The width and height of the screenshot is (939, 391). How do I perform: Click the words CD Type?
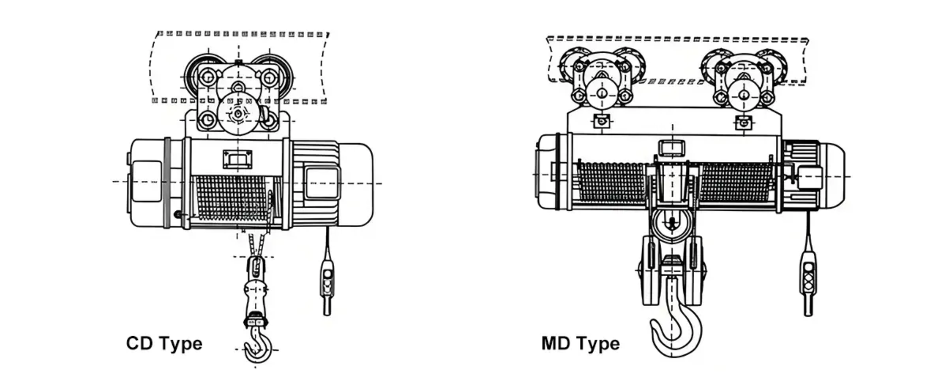click(164, 344)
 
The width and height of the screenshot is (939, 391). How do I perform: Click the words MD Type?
click(580, 344)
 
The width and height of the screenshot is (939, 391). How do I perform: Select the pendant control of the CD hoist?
click(327, 285)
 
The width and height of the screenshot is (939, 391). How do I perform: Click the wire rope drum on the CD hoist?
click(232, 198)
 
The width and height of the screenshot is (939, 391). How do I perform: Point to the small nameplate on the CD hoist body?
click(237, 159)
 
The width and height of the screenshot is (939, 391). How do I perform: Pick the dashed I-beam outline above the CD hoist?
click(238, 67)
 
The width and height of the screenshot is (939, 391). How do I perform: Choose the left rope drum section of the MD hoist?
click(612, 182)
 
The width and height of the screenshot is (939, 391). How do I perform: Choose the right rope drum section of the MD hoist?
click(736, 182)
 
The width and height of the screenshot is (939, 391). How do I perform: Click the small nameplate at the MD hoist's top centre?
click(671, 148)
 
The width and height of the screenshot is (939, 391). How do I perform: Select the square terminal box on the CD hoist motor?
click(321, 183)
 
